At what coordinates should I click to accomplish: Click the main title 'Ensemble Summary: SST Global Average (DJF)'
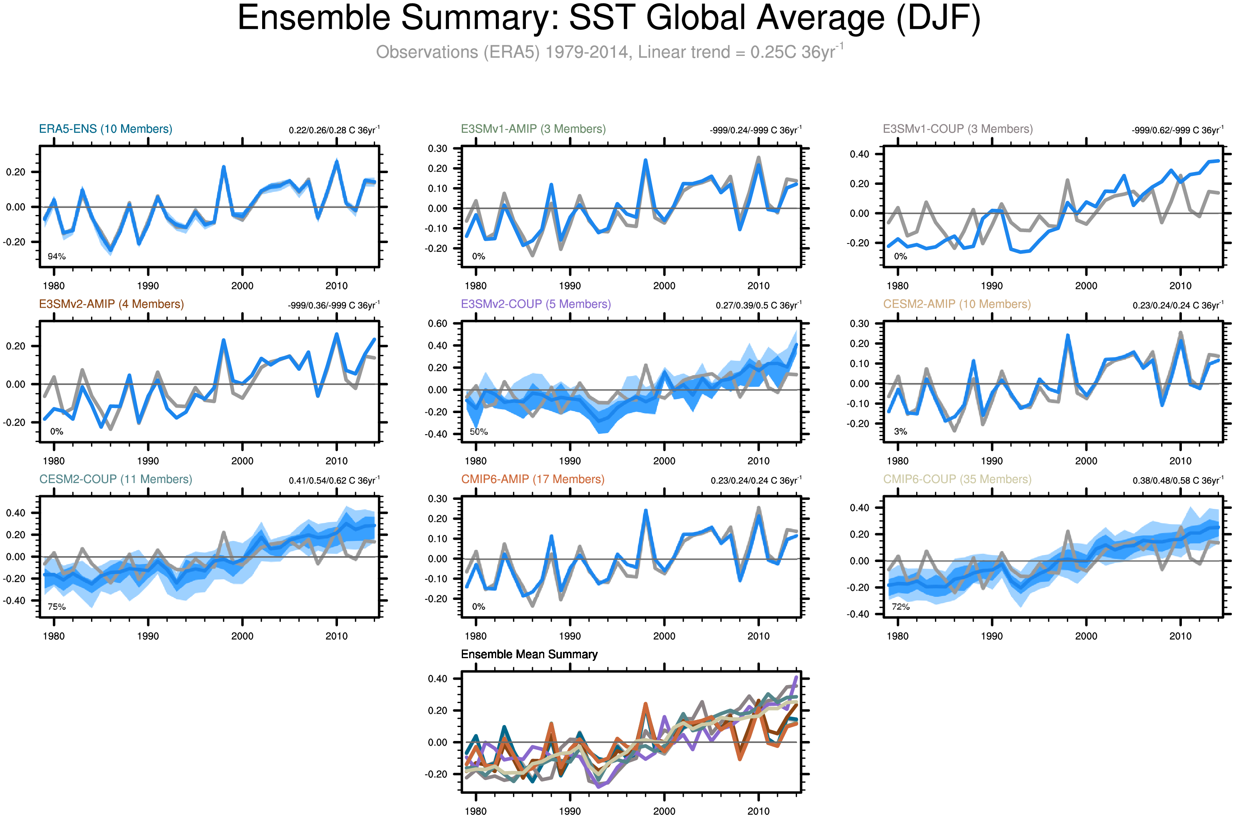[x=609, y=18]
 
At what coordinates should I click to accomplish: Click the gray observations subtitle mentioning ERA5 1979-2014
[x=609, y=52]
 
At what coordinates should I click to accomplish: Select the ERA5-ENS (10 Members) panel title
[x=105, y=129]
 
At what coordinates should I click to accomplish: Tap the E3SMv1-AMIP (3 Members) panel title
[x=533, y=129]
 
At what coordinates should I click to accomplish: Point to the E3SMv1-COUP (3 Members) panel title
[x=957, y=129]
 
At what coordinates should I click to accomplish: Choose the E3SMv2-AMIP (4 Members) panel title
[x=111, y=304]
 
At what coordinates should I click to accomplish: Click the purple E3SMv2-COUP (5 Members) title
[x=536, y=304]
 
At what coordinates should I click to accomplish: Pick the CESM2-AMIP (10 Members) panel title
[x=956, y=304]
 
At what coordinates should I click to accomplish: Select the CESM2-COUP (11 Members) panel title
[x=115, y=480]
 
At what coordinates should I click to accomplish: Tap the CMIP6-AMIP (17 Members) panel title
[x=533, y=480]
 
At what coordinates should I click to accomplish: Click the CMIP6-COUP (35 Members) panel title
[x=957, y=480]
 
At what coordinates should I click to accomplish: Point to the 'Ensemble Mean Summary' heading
[x=529, y=654]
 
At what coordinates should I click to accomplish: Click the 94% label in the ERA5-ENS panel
[x=56, y=257]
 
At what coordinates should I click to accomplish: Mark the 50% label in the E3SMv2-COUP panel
[x=479, y=432]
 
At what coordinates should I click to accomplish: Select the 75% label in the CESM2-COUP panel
[x=56, y=607]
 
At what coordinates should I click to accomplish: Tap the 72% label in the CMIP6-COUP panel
[x=901, y=607]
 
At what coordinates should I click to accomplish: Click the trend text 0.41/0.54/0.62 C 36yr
[x=334, y=480]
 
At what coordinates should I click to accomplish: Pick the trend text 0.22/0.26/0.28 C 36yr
[x=334, y=130]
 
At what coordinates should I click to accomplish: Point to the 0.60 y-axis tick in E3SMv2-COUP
[x=437, y=324]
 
